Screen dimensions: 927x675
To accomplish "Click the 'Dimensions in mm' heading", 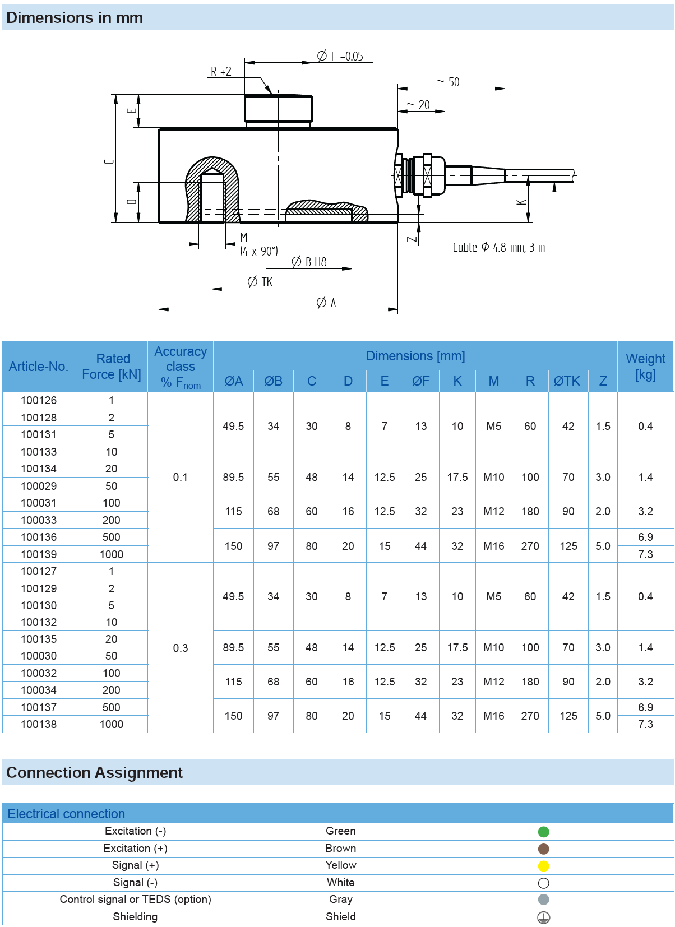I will click(x=75, y=18).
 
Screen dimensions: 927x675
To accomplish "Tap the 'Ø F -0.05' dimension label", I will click(x=340, y=56).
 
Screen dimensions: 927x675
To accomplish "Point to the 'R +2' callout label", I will click(x=221, y=72).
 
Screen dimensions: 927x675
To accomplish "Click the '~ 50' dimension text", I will click(x=449, y=82).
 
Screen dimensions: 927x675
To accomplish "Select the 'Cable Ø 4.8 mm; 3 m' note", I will click(x=498, y=248).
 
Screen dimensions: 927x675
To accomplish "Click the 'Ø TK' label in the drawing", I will click(x=260, y=282).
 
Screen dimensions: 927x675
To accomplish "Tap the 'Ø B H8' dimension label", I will click(x=309, y=262).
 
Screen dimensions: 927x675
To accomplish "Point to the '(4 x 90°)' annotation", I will click(x=259, y=251).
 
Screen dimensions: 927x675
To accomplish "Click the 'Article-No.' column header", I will click(x=39, y=367).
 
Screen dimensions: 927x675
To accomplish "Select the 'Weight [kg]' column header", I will click(x=645, y=367).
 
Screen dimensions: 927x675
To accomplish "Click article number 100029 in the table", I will click(x=39, y=486).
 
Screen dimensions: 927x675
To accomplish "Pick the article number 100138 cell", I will click(x=39, y=724).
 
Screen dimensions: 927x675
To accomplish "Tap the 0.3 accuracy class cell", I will click(x=181, y=648).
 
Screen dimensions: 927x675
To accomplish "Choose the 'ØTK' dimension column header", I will click(x=567, y=381).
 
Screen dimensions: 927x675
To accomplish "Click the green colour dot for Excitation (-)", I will click(x=543, y=832).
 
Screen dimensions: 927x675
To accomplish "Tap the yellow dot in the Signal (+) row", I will click(x=543, y=866).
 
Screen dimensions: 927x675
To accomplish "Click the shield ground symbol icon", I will click(x=543, y=917).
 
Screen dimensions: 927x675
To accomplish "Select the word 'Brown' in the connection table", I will click(x=341, y=849).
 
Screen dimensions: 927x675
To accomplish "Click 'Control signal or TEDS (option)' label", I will click(x=136, y=900).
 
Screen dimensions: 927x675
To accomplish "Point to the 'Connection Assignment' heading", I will click(x=94, y=773).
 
